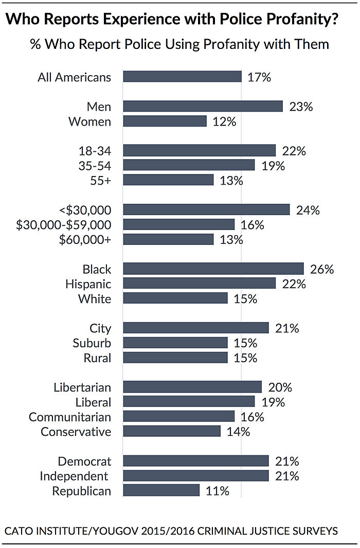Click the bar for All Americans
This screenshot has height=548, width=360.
pyautogui.click(x=183, y=77)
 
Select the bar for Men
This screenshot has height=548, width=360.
pyautogui.click(x=203, y=107)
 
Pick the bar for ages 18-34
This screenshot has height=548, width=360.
pyautogui.click(x=200, y=151)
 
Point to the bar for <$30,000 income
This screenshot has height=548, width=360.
pyautogui.click(x=206, y=210)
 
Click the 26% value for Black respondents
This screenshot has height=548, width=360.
pyautogui.click(x=322, y=269)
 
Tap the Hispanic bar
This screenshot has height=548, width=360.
pyautogui.click(x=200, y=284)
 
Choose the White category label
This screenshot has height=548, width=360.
pyautogui.click(x=95, y=299)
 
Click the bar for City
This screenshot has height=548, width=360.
pyautogui.click(x=196, y=328)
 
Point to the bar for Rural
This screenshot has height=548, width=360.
pyautogui.click(x=175, y=358)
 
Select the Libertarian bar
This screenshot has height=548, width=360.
pyautogui.click(x=192, y=387)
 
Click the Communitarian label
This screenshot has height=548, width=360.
pyautogui.click(x=70, y=417)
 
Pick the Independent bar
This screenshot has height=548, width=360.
pyautogui.click(x=196, y=476)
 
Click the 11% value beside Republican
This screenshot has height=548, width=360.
pyautogui.click(x=217, y=491)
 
